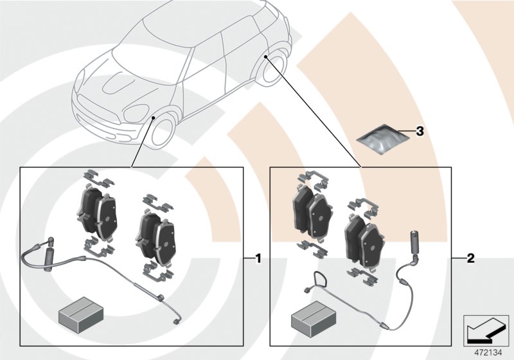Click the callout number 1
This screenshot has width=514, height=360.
pyautogui.click(x=258, y=259)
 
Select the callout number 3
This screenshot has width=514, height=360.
pyautogui.click(x=420, y=132)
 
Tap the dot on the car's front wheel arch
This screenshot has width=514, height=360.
pyautogui.click(x=154, y=118)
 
